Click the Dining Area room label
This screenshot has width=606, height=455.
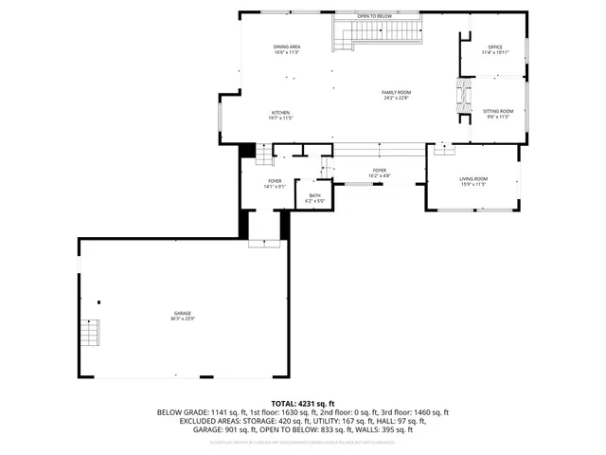287,46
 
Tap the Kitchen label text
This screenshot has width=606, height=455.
281,112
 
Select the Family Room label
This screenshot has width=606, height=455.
395,91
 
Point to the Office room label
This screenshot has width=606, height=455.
494,46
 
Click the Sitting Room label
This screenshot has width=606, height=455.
498,111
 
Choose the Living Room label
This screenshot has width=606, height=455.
473,178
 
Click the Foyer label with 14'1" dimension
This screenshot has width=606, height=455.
275,180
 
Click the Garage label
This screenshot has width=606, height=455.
183,313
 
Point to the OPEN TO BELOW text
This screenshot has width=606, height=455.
375,16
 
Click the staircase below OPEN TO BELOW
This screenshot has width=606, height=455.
376,34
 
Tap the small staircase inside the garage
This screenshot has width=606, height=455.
89,334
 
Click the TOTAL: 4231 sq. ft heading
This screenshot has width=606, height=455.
303,404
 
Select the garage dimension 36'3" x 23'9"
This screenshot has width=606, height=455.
183,319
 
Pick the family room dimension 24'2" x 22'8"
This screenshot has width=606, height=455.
395,98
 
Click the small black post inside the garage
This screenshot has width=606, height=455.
99,302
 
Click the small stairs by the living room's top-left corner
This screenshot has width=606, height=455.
443,148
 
